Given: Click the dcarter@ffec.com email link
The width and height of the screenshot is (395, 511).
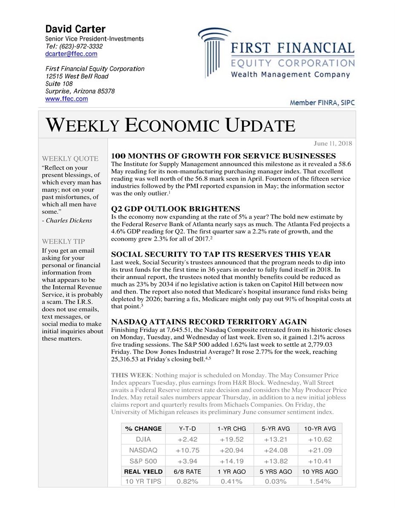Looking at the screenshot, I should [x=71, y=54].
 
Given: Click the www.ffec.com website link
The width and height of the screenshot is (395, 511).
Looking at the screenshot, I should [x=66, y=99].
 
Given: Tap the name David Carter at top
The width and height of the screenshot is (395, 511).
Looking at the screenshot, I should [x=75, y=29].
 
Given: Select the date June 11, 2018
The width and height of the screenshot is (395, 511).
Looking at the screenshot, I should [x=333, y=144].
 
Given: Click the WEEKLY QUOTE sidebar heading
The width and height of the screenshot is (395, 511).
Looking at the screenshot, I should [x=70, y=158].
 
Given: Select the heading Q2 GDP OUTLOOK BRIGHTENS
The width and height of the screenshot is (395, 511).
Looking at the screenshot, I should [x=175, y=209].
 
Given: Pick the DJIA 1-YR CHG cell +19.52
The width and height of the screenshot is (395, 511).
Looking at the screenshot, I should [x=231, y=439].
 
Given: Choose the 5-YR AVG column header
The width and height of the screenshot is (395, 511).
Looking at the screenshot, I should [x=275, y=428].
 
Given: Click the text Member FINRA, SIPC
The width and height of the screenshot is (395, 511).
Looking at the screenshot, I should [x=322, y=103].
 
